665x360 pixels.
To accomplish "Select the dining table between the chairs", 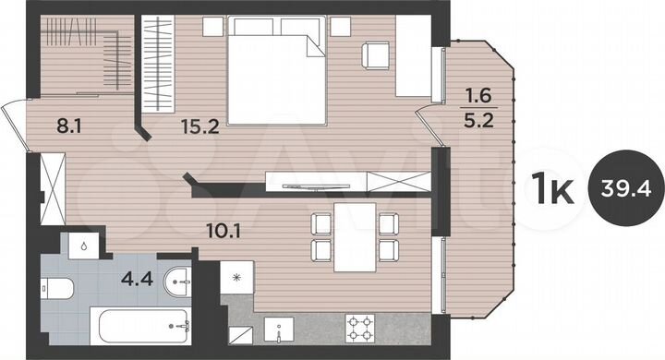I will (x=354, y=237).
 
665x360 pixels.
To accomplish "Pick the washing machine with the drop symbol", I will (x=84, y=246).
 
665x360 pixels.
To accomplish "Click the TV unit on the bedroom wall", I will (x=314, y=181).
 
